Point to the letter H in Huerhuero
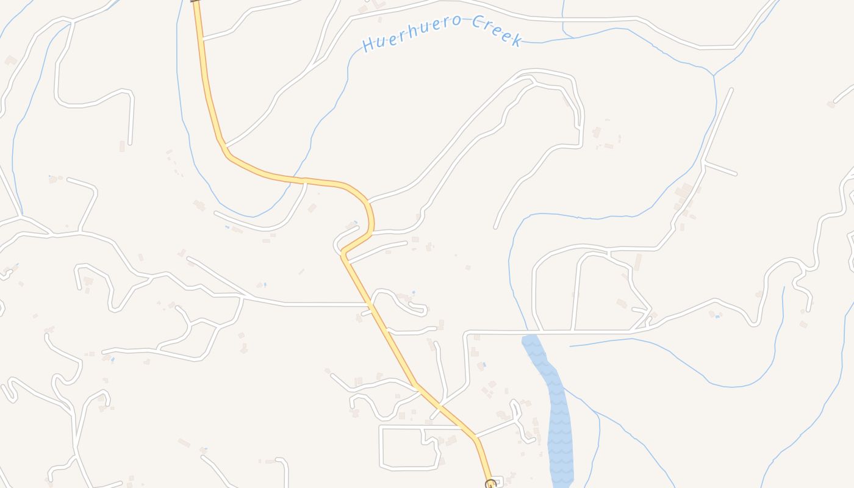[x=368, y=45]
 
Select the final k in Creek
[x=517, y=41]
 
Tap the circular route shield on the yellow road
[x=490, y=484]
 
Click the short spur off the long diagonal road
[x=720, y=168]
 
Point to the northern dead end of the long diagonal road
[x=731, y=90]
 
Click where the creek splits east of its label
[x=714, y=75]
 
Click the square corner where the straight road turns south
[x=467, y=334]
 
